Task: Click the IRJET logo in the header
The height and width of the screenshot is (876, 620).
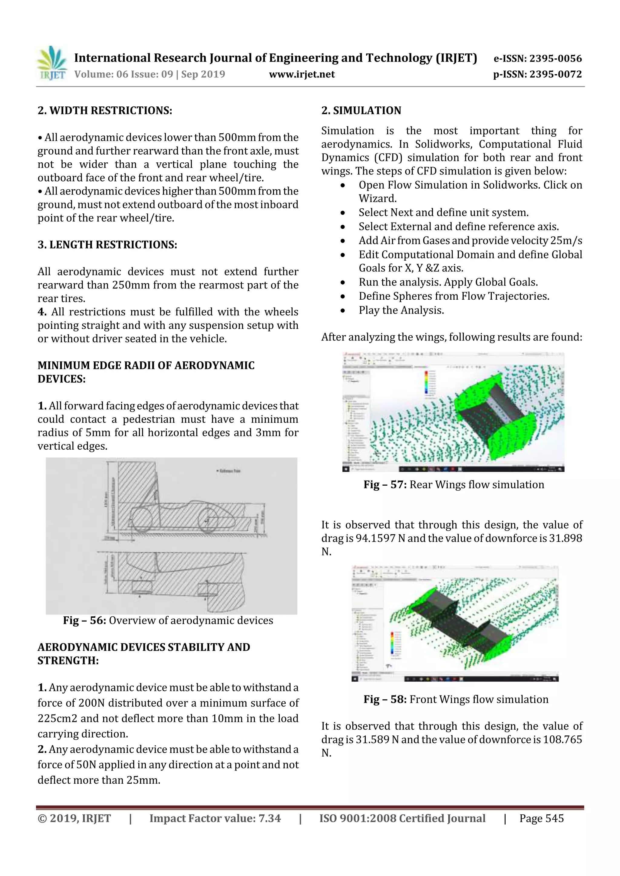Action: pyautogui.click(x=51, y=63)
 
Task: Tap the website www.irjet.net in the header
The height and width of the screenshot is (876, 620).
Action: pyautogui.click(x=302, y=74)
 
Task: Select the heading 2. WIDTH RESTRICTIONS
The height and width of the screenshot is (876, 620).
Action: pyautogui.click(x=105, y=111)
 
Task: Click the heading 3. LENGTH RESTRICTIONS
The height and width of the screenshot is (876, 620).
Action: pyautogui.click(x=107, y=245)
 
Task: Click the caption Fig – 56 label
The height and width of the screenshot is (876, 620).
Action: pyautogui.click(x=84, y=620)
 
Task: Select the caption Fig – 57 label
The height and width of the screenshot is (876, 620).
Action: pyautogui.click(x=385, y=484)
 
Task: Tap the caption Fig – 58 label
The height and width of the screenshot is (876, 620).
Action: pyautogui.click(x=385, y=699)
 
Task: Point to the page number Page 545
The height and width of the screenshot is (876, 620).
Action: pyautogui.click(x=541, y=818)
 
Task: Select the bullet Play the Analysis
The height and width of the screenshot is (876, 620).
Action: pyautogui.click(x=401, y=310)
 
